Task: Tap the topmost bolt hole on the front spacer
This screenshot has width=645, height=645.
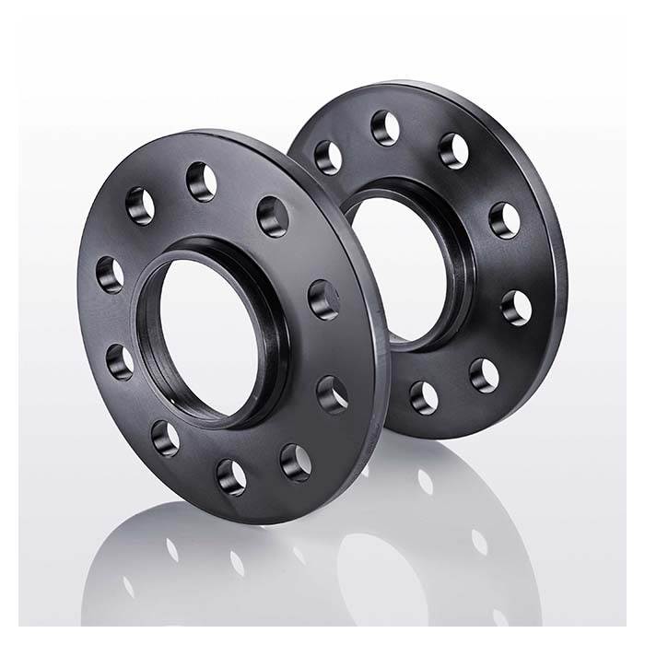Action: pyautogui.click(x=201, y=181)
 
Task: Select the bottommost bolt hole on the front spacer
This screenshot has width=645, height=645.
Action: pyautogui.click(x=231, y=476)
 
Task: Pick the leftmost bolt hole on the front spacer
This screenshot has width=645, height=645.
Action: pyautogui.click(x=110, y=274)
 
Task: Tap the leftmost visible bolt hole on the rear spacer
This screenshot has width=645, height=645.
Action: pyautogui.click(x=328, y=157)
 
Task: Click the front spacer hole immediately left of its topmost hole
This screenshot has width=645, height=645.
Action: pyautogui.click(x=141, y=205)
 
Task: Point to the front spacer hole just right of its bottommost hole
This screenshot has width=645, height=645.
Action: pyautogui.click(x=296, y=460)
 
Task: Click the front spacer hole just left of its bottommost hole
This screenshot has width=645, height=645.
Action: pyautogui.click(x=166, y=438)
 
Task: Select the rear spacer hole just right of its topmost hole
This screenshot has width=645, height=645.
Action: pyautogui.click(x=453, y=151)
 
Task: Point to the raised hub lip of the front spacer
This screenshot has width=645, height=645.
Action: pyautogui.click(x=267, y=304)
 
